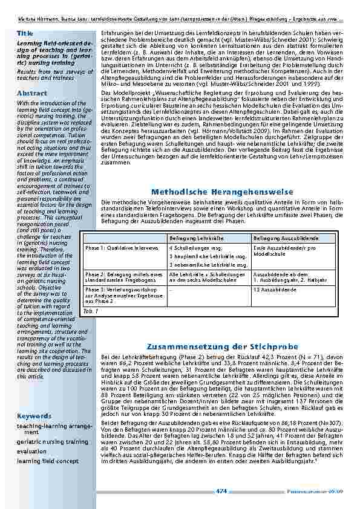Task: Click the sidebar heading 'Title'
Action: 25,32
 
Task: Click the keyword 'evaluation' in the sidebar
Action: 31,451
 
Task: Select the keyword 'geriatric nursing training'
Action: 52,442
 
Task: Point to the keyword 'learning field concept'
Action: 48,461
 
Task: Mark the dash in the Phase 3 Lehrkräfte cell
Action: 171,289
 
